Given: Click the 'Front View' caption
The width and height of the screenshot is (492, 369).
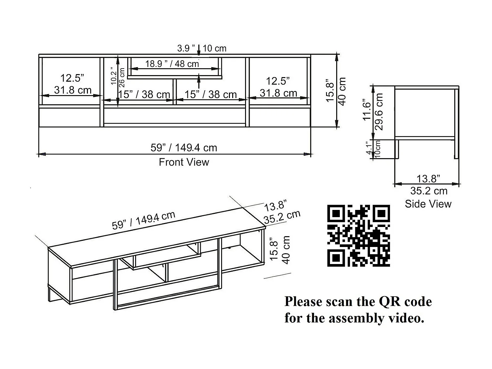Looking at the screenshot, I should point(184,162).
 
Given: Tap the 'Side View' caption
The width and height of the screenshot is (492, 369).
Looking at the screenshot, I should point(428,204).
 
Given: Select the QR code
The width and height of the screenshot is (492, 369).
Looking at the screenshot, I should point(359,236).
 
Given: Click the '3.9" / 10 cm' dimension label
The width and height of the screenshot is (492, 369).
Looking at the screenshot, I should point(202,48).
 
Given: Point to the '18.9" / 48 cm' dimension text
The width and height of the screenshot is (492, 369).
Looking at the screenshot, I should point(172,64).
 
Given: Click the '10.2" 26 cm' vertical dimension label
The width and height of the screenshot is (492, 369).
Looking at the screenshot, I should point(118,76).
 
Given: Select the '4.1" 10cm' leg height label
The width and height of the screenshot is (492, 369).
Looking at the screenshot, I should point(374,149).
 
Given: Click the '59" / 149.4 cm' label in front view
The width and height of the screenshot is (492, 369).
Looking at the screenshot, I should point(184,148).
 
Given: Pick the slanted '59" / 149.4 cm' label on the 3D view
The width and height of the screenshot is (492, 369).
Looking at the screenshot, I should point(144,221).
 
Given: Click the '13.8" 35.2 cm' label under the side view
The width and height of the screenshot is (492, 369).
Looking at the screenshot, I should point(428,185).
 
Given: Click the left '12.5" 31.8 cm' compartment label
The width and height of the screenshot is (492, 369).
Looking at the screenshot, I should point(72,84).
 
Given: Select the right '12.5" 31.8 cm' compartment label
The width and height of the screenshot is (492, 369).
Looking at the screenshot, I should point(278,87).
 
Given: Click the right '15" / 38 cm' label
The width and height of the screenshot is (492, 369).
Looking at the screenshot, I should point(210,94).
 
